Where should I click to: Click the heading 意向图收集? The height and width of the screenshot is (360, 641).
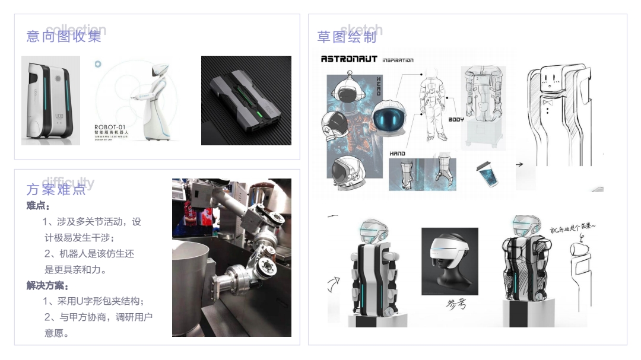pos(64,36)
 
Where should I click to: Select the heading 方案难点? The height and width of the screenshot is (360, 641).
pos(56,190)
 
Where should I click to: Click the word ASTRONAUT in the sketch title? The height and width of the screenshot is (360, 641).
pos(349,59)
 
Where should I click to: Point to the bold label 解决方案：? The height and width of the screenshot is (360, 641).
pos(48,286)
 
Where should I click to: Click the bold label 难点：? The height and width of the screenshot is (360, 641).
pos(39,206)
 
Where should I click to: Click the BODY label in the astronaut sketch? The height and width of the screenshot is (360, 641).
pos(456,119)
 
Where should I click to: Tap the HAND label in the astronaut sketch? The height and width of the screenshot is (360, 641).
pos(397,154)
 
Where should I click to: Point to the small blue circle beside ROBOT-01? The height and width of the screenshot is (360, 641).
pos(98,63)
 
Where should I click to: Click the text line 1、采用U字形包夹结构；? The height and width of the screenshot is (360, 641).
pos(94,301)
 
